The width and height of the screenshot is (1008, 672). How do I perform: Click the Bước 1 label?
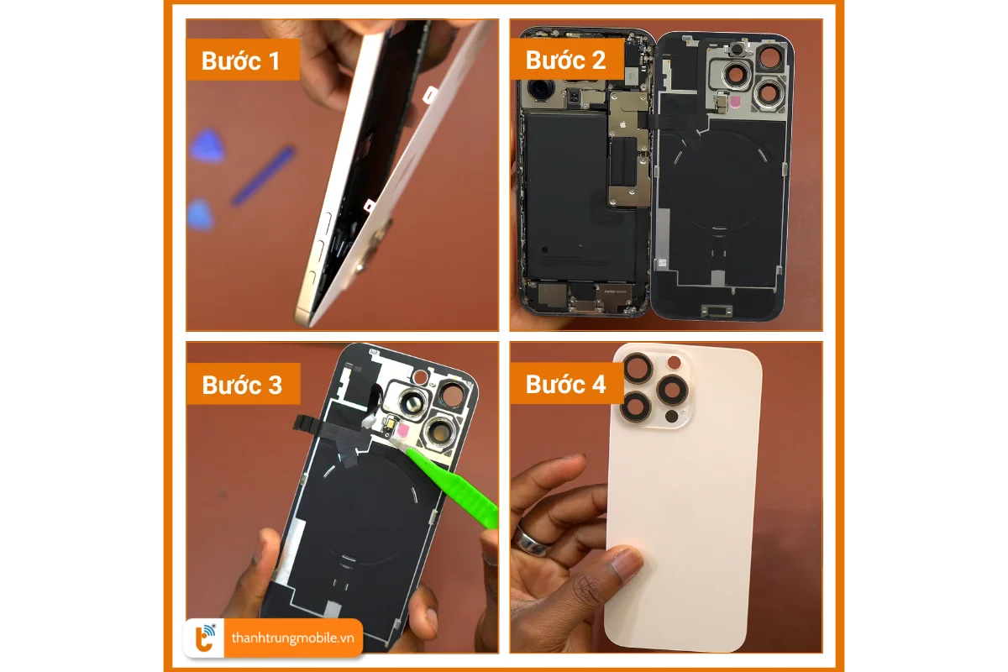(242, 60)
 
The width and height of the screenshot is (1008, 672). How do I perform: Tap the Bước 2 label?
(565, 60)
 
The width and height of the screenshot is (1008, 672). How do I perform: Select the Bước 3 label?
(242, 385)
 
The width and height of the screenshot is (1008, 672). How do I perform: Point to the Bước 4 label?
(565, 385)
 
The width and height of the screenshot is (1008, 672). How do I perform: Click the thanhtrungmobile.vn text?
(291, 638)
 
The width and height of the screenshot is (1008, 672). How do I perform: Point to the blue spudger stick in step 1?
(262, 176)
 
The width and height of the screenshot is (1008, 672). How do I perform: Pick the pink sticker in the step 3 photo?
(402, 431)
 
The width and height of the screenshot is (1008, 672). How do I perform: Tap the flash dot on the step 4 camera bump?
(671, 416)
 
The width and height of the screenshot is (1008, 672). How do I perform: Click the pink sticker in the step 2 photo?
(737, 103)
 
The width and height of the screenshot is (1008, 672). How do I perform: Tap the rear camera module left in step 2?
(538, 90)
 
